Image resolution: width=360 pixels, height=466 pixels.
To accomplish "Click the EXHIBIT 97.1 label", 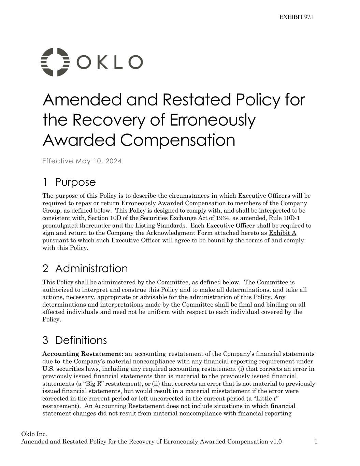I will click(x=297, y=17).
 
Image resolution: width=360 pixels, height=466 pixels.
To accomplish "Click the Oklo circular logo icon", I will click(x=55, y=62).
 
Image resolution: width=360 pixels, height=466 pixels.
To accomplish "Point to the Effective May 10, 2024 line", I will click(x=82, y=161).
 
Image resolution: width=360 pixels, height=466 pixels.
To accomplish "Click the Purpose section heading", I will click(x=75, y=182).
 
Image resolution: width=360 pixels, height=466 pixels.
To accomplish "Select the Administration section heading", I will click(x=91, y=268).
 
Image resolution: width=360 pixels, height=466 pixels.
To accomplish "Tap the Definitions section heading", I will click(x=81, y=340).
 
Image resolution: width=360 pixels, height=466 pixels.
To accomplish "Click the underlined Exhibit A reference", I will click(x=283, y=233).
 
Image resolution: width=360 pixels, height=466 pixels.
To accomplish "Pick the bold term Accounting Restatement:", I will click(x=83, y=354).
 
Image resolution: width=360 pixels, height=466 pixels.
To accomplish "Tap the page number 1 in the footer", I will click(x=316, y=442).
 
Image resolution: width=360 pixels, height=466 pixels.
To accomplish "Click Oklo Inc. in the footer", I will click(x=34, y=434).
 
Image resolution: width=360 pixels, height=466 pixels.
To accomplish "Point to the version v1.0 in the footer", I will click(x=275, y=442).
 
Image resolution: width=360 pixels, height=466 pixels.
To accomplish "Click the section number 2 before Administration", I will click(x=45, y=268).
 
